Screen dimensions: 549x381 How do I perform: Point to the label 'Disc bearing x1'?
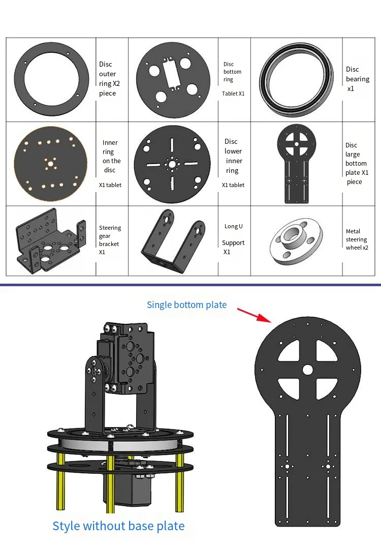point(358,79)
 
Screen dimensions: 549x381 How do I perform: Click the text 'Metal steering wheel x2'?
point(357,239)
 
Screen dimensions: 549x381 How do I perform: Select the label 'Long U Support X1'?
point(234,239)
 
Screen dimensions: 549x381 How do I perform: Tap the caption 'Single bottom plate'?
point(186,305)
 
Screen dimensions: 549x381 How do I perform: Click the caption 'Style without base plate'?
point(118,526)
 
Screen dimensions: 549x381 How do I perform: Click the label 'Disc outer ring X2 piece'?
point(108,79)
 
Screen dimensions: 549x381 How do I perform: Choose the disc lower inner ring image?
point(172,164)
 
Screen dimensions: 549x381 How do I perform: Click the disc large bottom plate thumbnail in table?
point(296,163)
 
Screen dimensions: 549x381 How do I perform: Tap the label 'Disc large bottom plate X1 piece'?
point(357,163)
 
